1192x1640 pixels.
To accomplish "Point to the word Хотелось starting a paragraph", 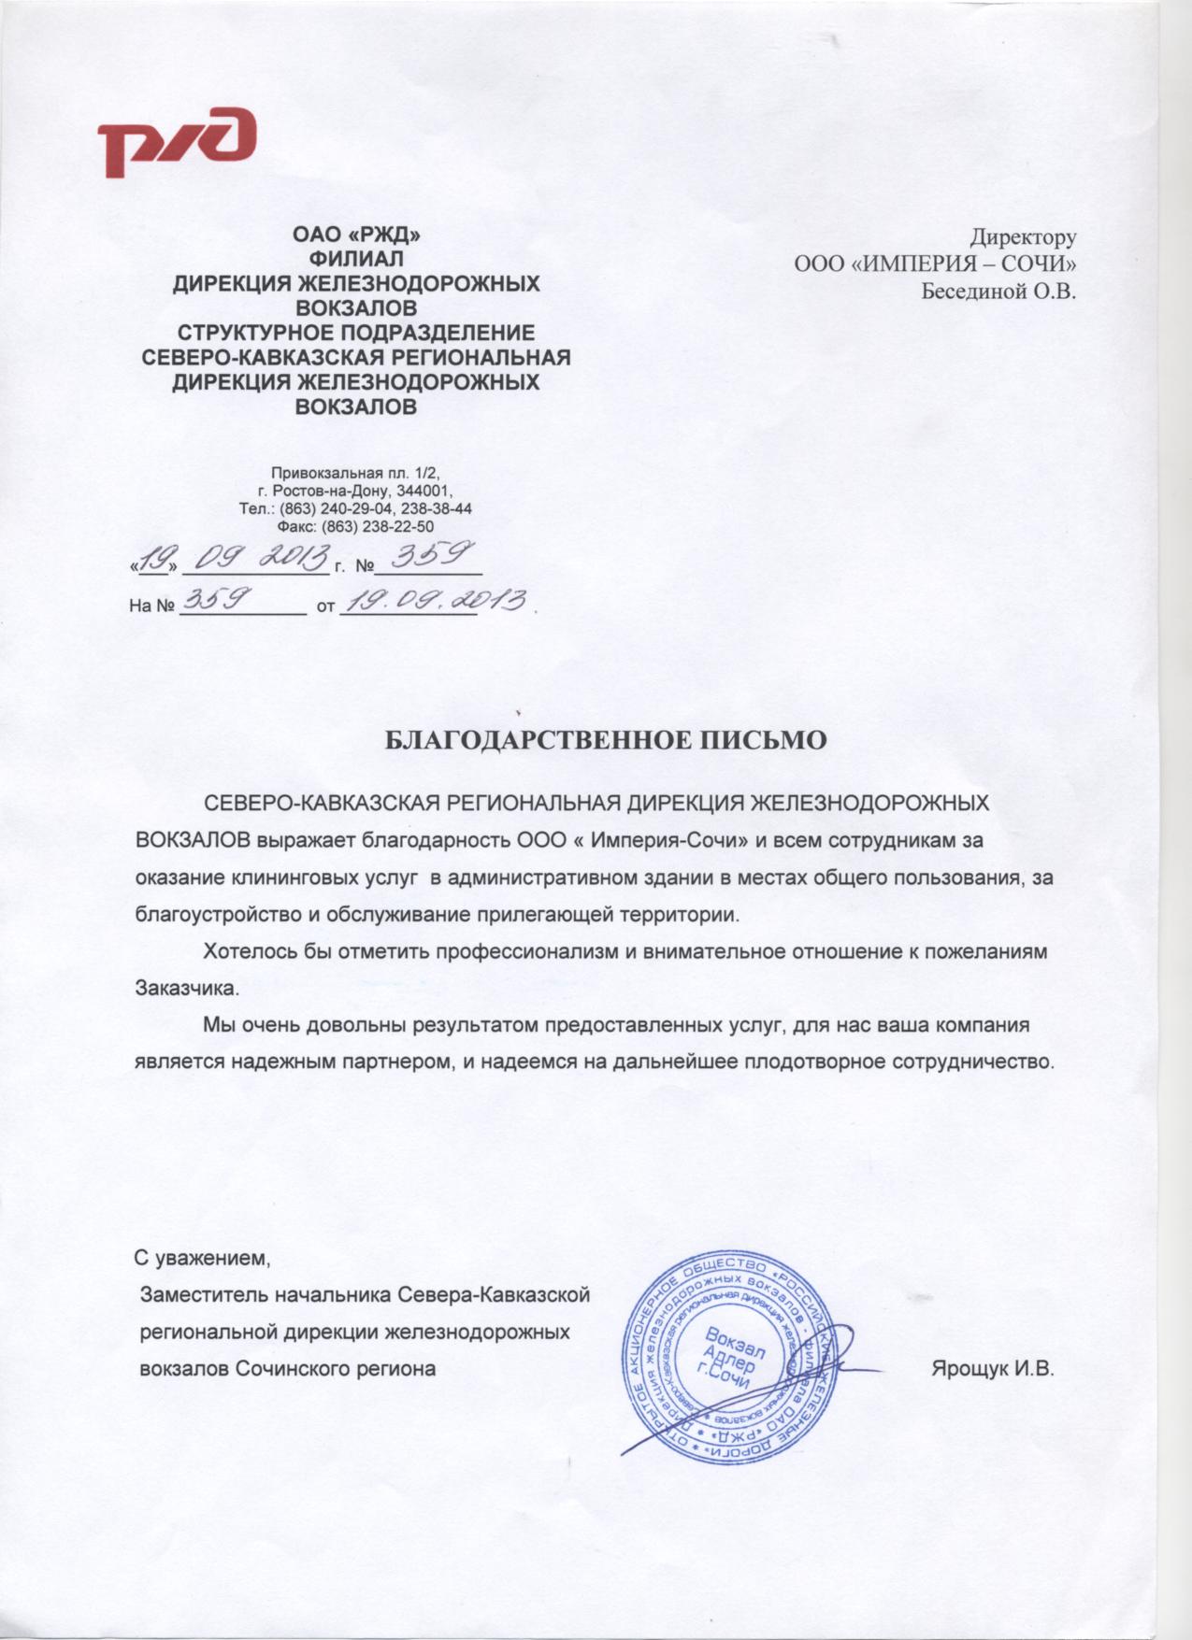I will tap(245, 952).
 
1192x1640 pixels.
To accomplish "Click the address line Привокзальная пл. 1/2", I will tap(354, 473).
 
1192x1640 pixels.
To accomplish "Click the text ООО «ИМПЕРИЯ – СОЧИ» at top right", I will tap(936, 264).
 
